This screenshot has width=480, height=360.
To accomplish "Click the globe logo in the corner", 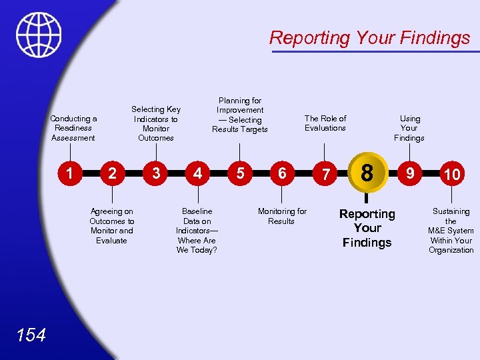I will [x=39, y=35].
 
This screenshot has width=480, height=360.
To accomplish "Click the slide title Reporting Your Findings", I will [x=369, y=38].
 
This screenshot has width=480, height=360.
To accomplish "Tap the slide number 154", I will [x=32, y=335].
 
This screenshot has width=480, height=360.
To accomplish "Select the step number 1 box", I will [x=69, y=173].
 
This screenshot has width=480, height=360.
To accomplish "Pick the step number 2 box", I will [x=112, y=173].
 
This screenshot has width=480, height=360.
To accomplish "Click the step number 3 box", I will [x=155, y=173].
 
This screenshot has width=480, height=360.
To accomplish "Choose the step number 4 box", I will [x=197, y=173].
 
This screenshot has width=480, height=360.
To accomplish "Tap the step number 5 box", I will [x=239, y=173].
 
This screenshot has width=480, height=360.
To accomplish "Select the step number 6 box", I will [x=282, y=173].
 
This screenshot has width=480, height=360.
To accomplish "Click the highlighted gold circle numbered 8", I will [x=367, y=173].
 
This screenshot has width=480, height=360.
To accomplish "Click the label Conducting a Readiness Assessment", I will [x=73, y=128].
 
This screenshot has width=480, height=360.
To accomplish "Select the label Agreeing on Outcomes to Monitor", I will [x=111, y=226].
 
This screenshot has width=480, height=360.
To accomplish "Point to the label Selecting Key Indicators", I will [x=156, y=123].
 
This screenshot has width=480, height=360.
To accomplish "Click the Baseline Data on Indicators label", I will [x=197, y=231].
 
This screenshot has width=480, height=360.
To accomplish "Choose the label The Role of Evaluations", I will [x=325, y=123].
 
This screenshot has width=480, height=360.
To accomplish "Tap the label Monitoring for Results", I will [x=282, y=216].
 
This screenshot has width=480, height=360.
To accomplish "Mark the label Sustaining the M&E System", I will [x=451, y=231].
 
